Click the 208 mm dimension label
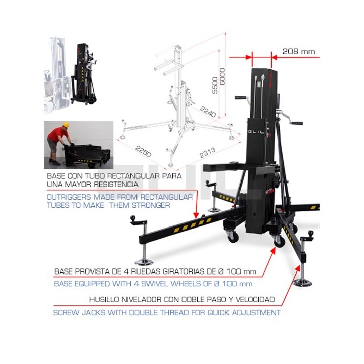point(298,51)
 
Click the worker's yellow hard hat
point(65,125)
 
